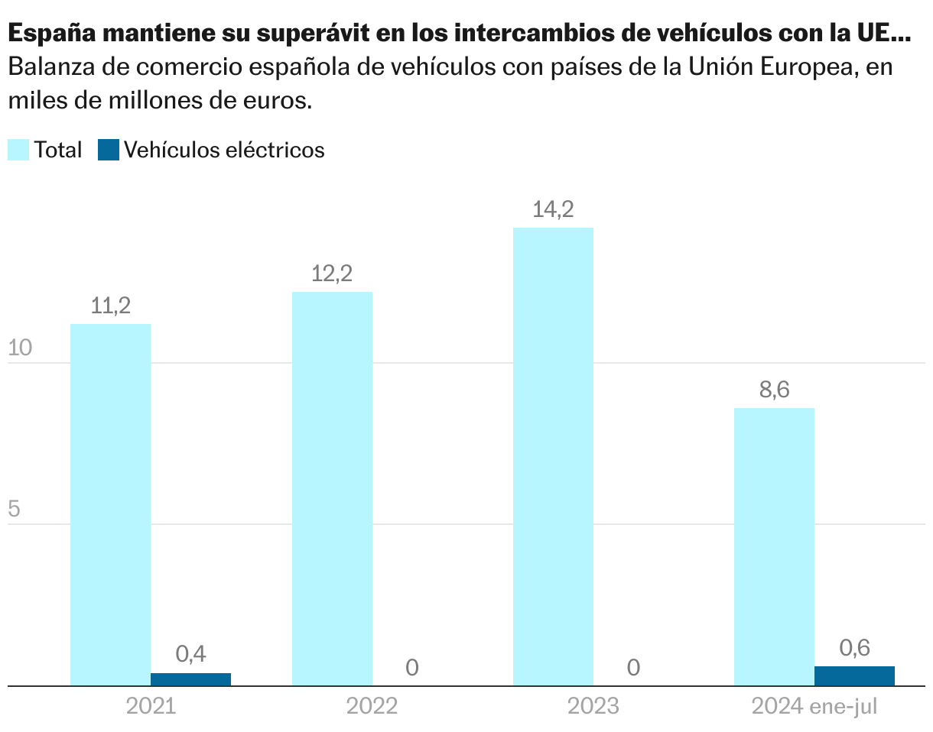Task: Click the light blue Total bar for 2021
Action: click(110, 504)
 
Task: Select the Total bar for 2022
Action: click(332, 489)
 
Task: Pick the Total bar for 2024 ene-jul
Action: click(774, 547)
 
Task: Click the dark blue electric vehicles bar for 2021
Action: click(190, 679)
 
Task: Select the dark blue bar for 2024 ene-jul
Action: click(854, 676)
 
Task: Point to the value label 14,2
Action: click(553, 209)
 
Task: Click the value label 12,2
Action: click(332, 274)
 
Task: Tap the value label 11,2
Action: click(110, 306)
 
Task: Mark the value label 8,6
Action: click(774, 390)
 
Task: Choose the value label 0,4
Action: click(190, 654)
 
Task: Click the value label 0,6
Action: click(854, 648)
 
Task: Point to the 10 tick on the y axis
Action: click(19, 348)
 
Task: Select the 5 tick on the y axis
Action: click(14, 510)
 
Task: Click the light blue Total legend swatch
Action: click(18, 150)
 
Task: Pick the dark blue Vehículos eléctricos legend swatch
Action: click(109, 150)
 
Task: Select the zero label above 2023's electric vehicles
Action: click(632, 668)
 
